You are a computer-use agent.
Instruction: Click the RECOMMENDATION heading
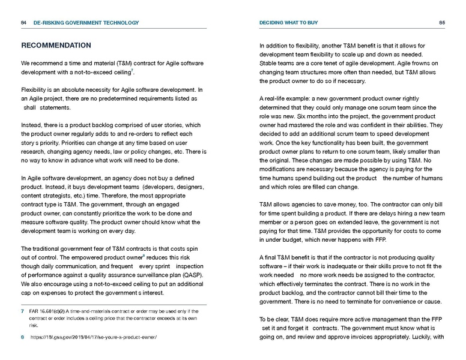pos(56,46)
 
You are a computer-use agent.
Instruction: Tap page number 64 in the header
pos(23,23)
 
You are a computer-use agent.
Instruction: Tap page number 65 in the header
pos(441,23)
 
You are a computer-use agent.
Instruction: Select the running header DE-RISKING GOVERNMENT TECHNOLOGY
pos(86,23)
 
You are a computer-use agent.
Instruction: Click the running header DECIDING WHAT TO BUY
pos(288,23)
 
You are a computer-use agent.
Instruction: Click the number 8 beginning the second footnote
pos(22,338)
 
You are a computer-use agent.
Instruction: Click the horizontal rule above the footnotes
pos(114,304)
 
